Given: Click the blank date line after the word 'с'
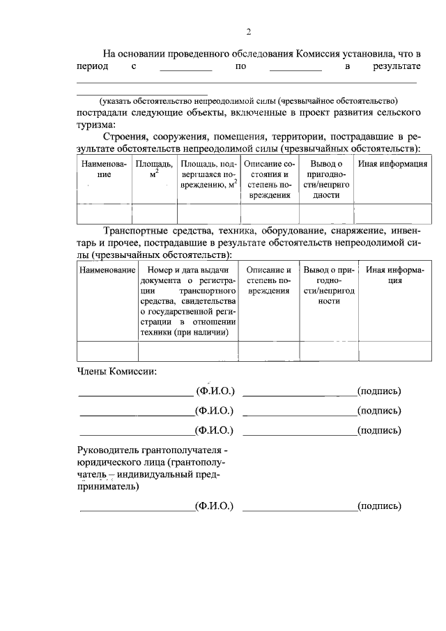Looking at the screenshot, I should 185,70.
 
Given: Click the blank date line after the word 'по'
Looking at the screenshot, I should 295,70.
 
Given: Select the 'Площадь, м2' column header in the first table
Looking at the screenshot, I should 154,169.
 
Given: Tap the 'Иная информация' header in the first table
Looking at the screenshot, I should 392,165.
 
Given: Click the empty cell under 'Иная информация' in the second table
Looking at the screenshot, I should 394,350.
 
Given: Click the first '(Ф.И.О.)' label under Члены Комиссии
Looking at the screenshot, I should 215,391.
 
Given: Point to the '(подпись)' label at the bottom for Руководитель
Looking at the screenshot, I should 378,506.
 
